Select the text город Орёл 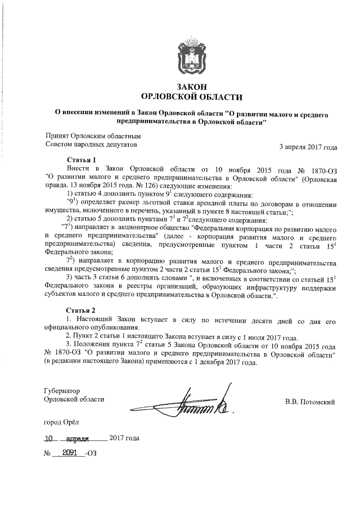pos(62,421)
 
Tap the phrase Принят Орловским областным pos(93,136)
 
